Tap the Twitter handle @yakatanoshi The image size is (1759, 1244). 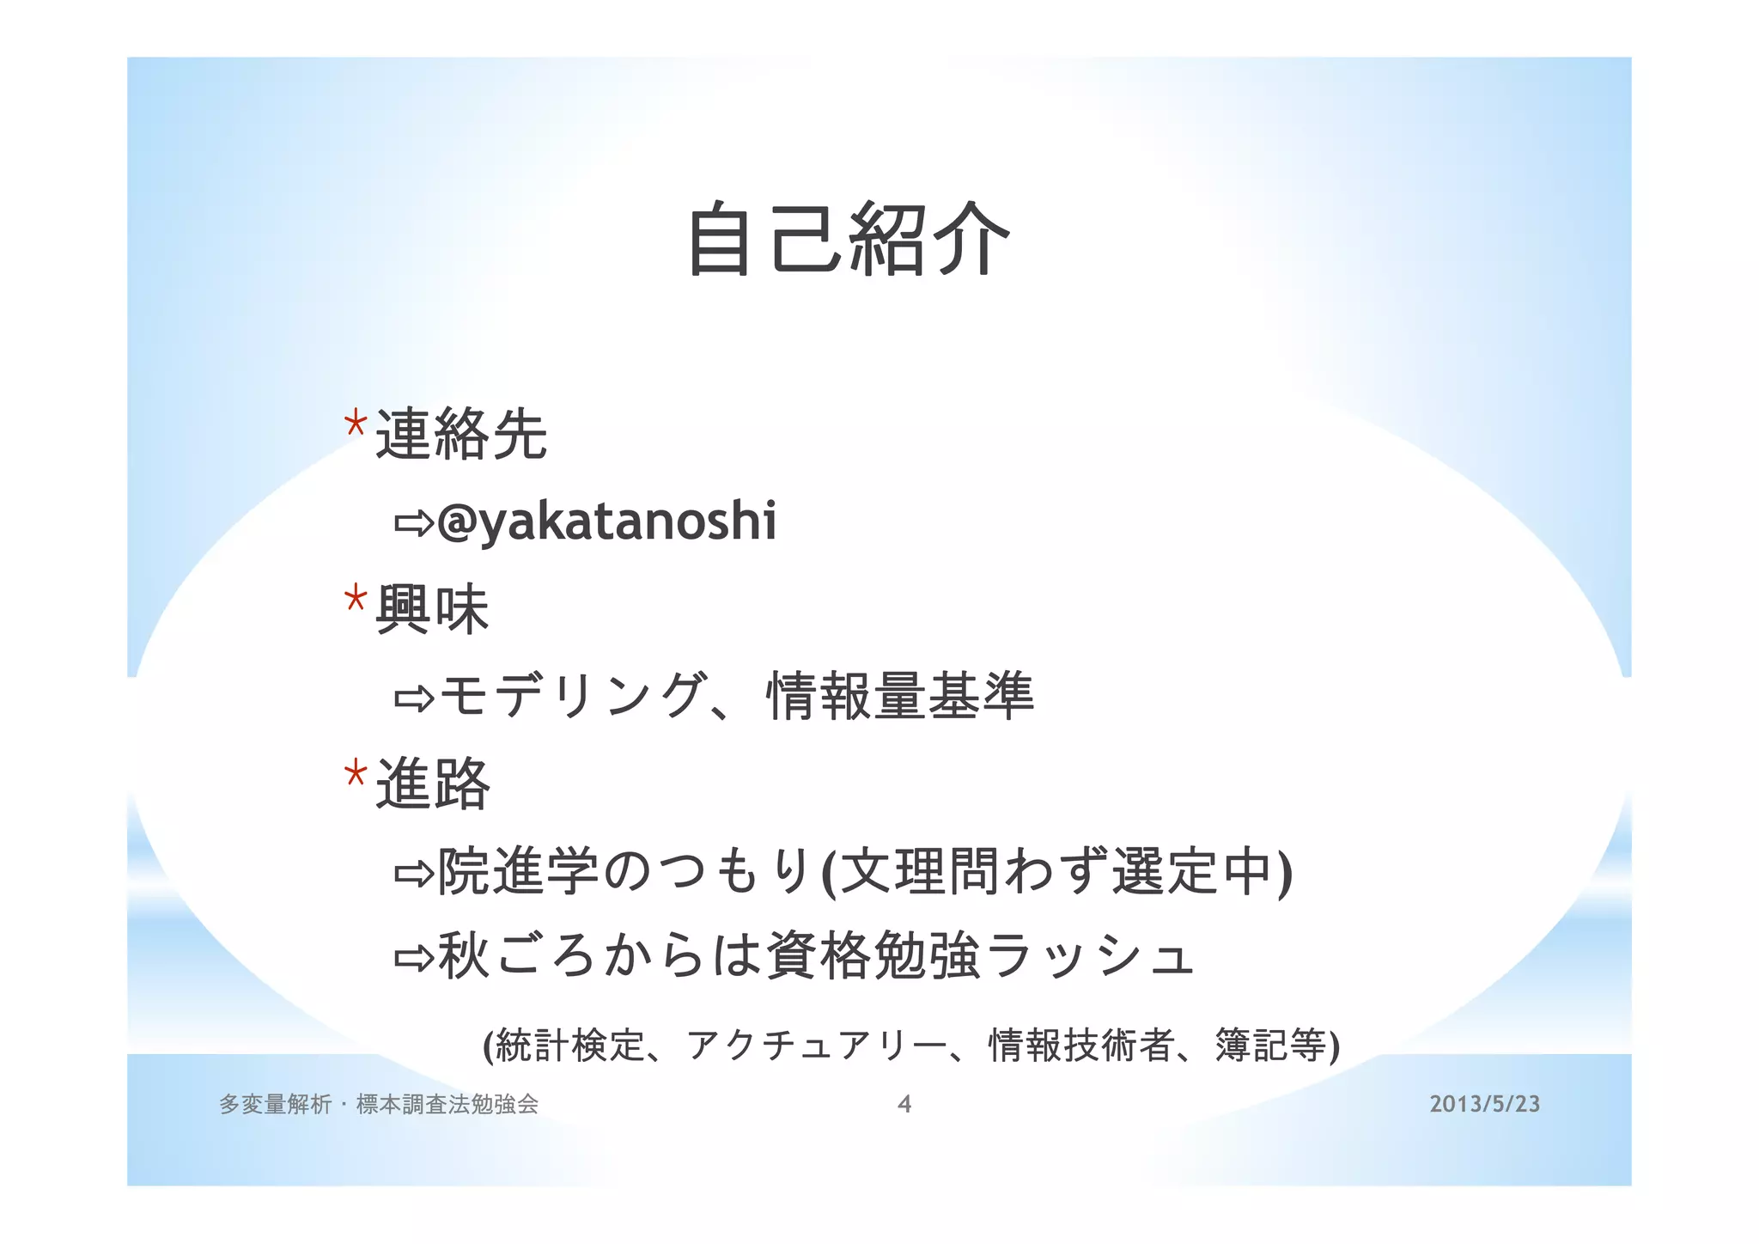(606, 521)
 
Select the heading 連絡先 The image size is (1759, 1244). (461, 434)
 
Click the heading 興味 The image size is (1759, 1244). (432, 609)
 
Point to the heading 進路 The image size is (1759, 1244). (432, 784)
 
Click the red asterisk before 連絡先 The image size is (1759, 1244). (355, 424)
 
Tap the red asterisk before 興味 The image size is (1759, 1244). (355, 598)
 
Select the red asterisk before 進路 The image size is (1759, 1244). (355, 774)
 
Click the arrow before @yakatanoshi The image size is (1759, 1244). (414, 522)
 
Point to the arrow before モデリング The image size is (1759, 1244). (414, 698)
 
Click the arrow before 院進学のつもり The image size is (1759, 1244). (414, 874)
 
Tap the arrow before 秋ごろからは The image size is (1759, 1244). (414, 957)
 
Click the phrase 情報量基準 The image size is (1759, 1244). (899, 696)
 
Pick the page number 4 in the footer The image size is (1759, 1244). (904, 1104)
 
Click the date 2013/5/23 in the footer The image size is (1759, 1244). (1484, 1104)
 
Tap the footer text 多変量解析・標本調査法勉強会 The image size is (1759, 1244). (379, 1104)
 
